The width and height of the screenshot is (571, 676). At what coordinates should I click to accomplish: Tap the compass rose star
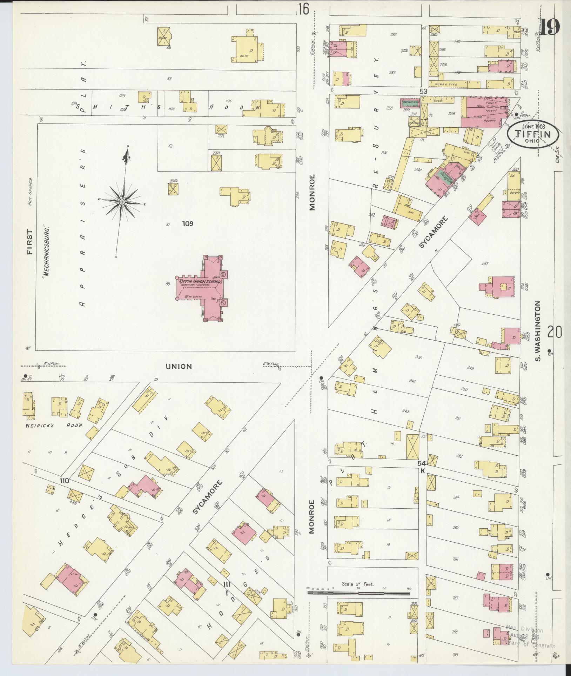click(x=122, y=202)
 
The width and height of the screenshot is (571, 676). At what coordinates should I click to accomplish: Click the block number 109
click(x=187, y=223)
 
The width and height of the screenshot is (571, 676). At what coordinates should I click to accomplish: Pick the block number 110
click(x=64, y=481)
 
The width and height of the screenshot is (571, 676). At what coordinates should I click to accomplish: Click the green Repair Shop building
click(x=411, y=103)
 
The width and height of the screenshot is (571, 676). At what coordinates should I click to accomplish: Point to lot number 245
click(x=418, y=357)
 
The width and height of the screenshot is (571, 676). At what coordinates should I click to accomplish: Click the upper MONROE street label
click(x=313, y=192)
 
